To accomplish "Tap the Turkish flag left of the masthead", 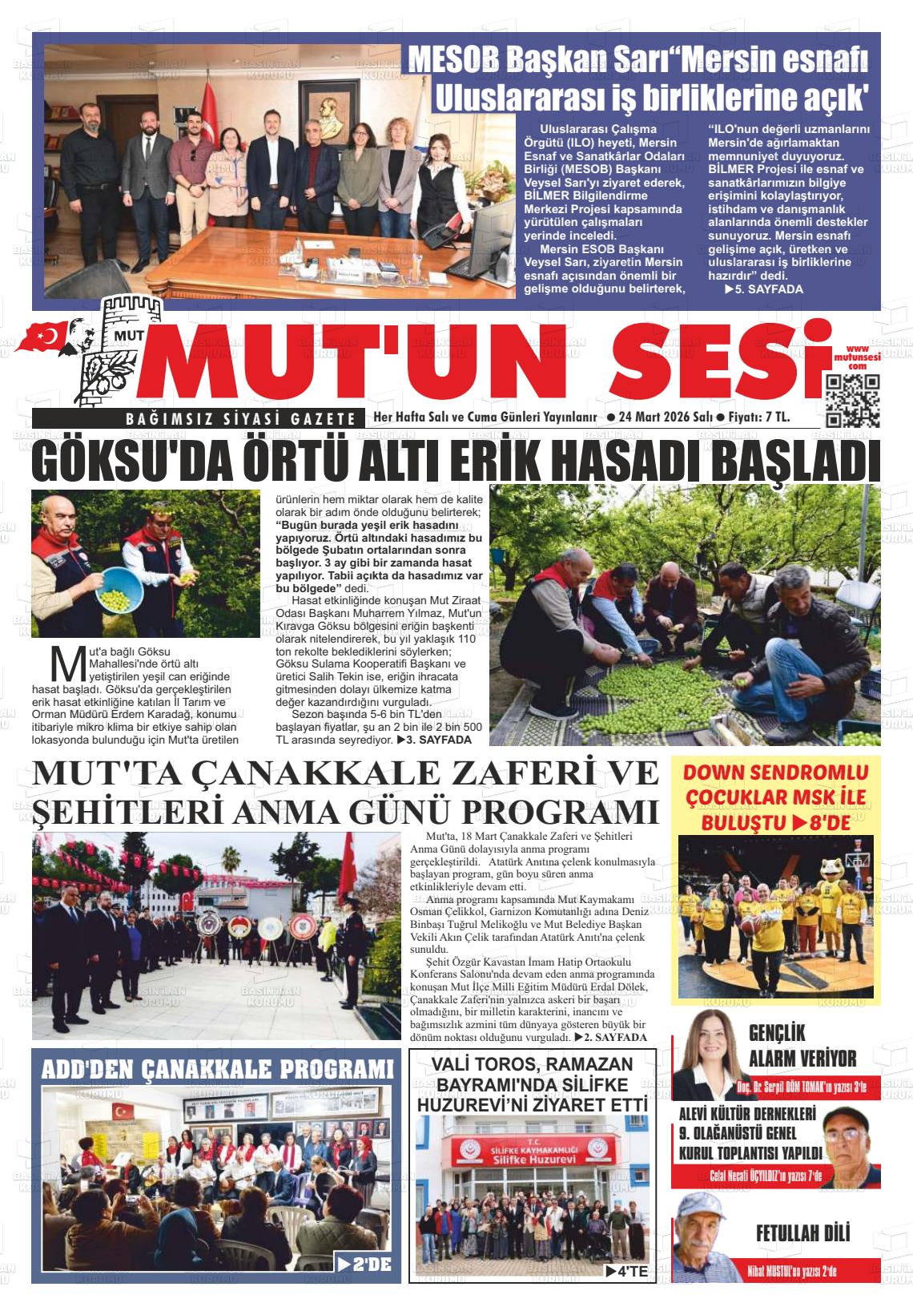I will point(46,337).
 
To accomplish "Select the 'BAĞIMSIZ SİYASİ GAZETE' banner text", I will point(240,418).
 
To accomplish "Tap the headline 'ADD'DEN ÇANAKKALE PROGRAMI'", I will point(217,1070).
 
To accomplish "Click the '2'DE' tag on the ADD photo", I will point(364,1265).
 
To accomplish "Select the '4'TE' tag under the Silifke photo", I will point(625,1270).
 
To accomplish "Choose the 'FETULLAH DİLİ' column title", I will point(802,1233).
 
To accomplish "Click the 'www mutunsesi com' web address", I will point(857,357).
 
